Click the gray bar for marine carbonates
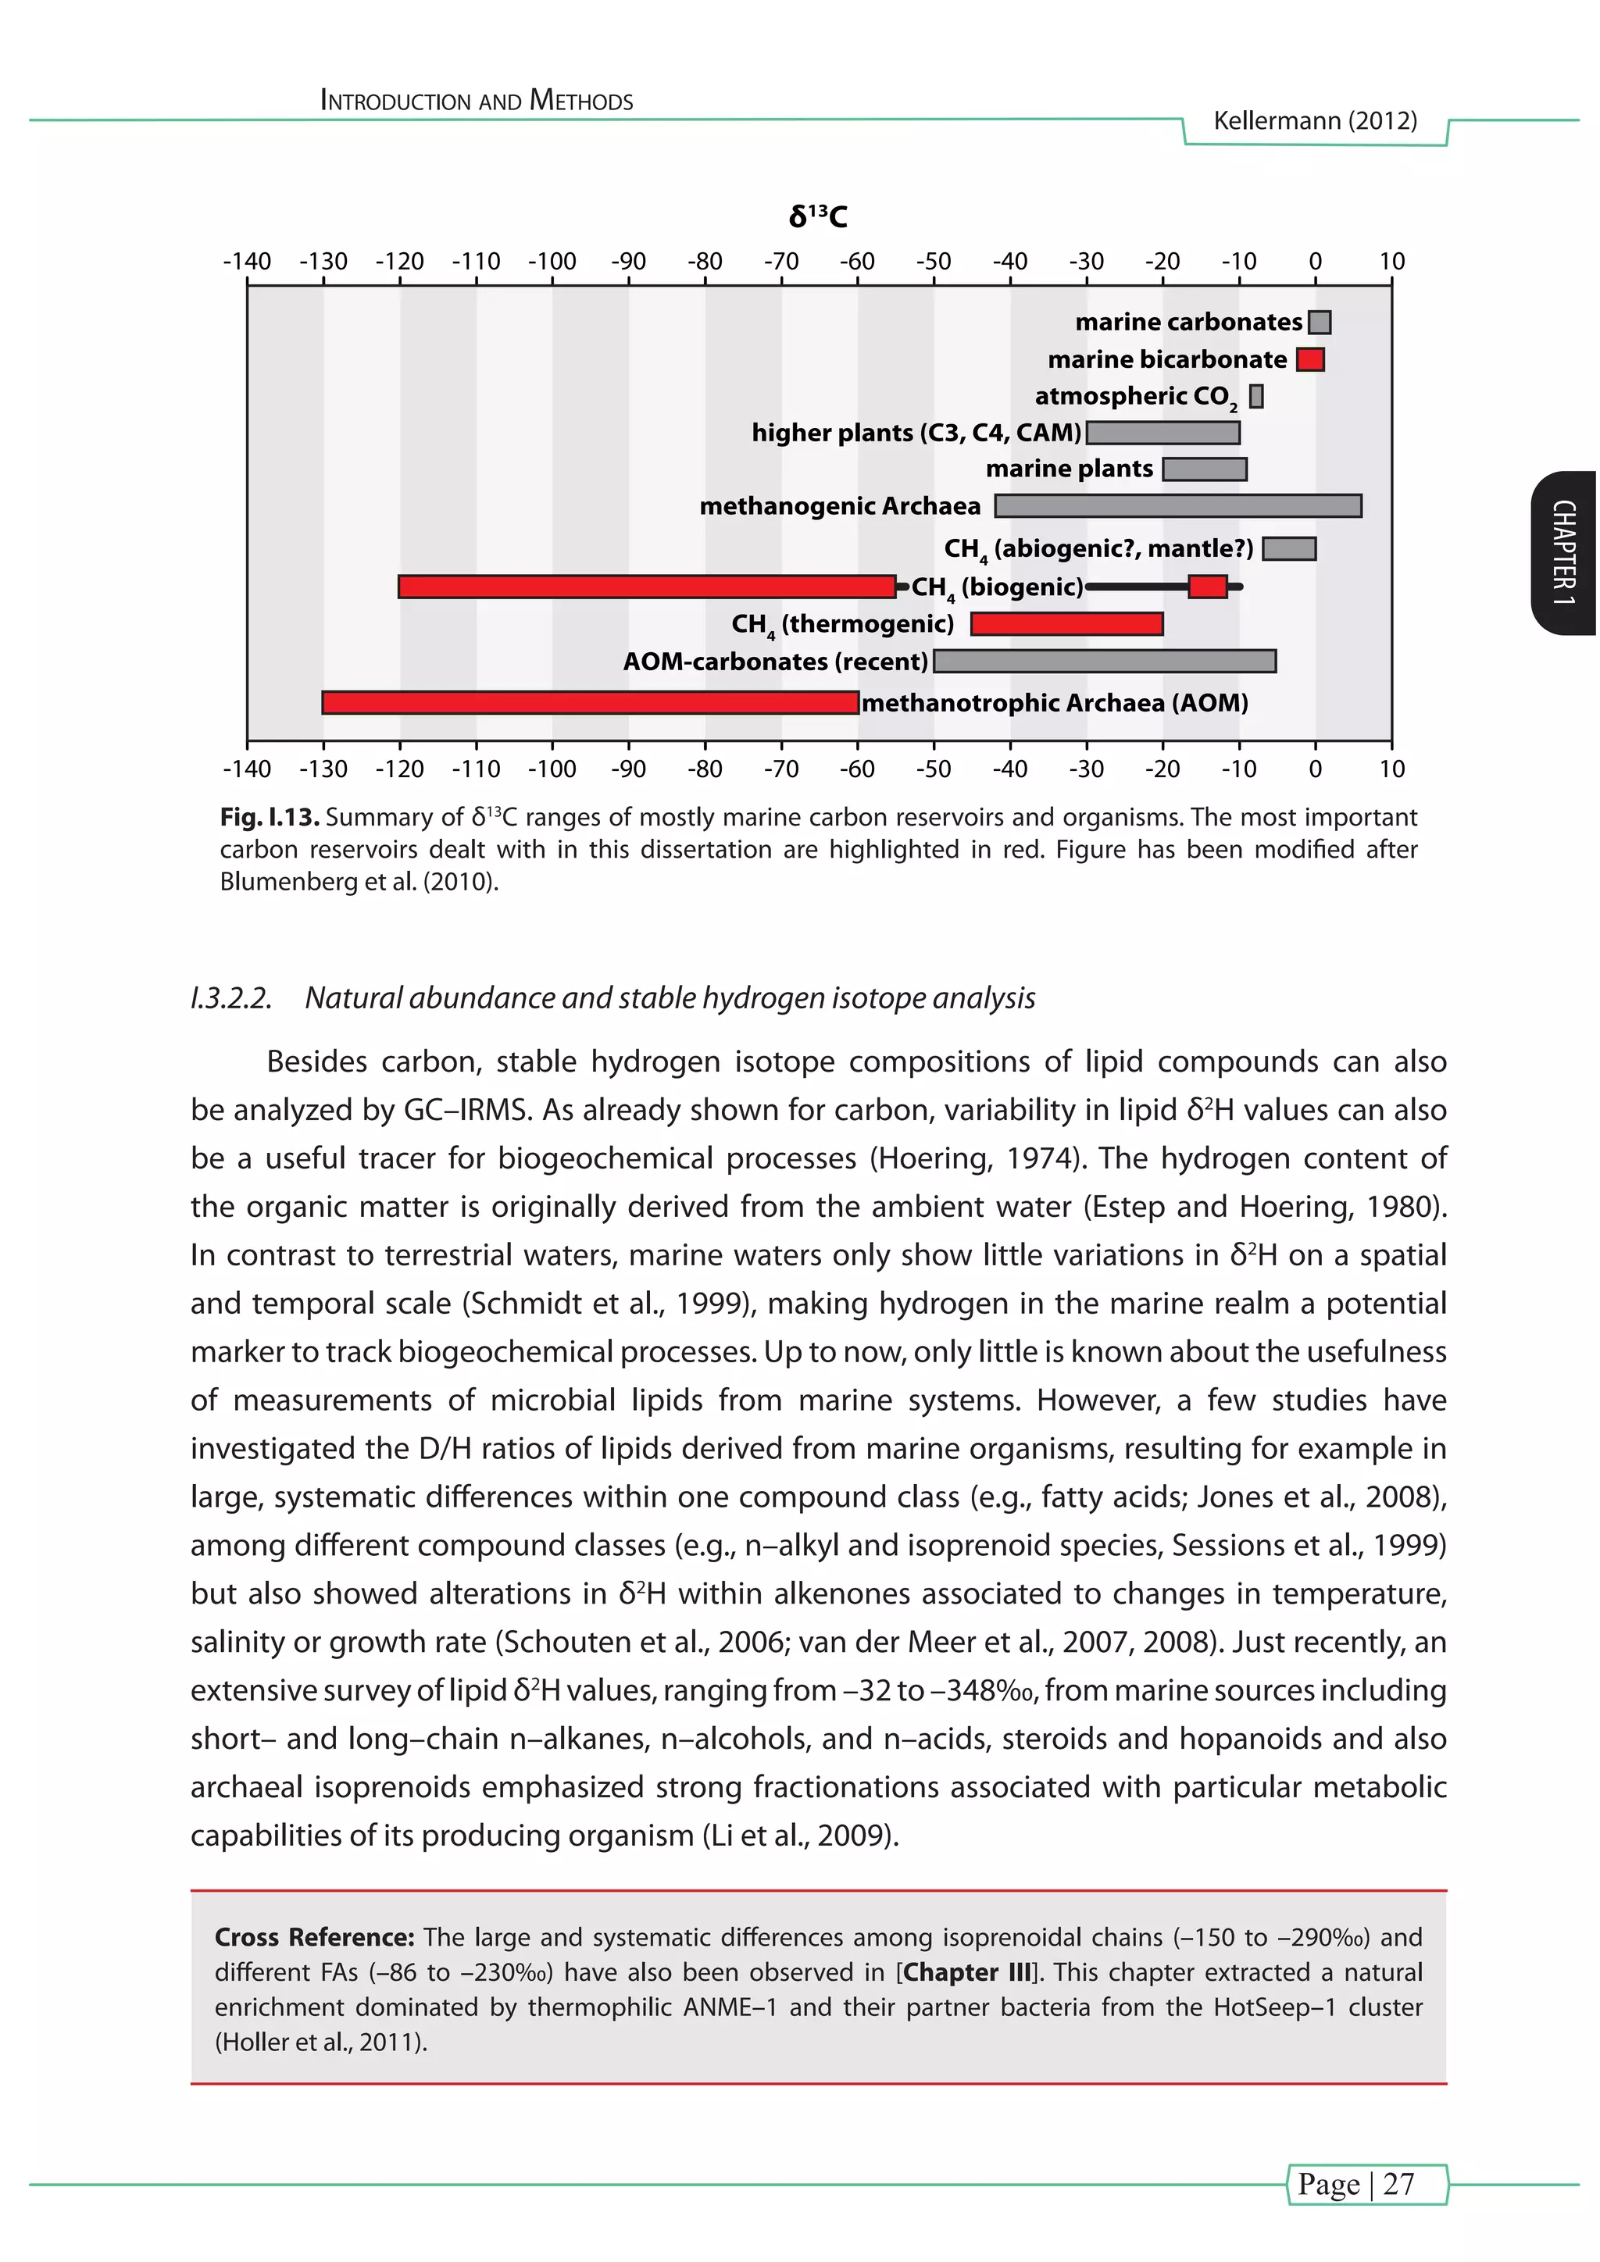pyautogui.click(x=1320, y=322)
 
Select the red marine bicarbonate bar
pyautogui.click(x=1310, y=359)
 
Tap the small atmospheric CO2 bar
pyautogui.click(x=1256, y=396)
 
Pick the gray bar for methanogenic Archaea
pyautogui.click(x=1178, y=506)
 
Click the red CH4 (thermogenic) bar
pyautogui.click(x=1067, y=623)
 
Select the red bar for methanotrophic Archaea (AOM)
pyautogui.click(x=590, y=702)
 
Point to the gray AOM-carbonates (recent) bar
pyautogui.click(x=1105, y=661)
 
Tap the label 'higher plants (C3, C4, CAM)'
pyautogui.click(x=916, y=433)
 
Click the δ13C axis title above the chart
pyautogui.click(x=818, y=216)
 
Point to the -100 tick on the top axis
pyautogui.click(x=552, y=262)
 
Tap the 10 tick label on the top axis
pyautogui.click(x=1391, y=262)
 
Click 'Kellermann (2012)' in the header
pyautogui.click(x=1316, y=121)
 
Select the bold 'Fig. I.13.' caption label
pyautogui.click(x=269, y=818)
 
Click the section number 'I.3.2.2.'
pyautogui.click(x=231, y=998)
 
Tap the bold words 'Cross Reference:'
pyautogui.click(x=314, y=1938)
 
